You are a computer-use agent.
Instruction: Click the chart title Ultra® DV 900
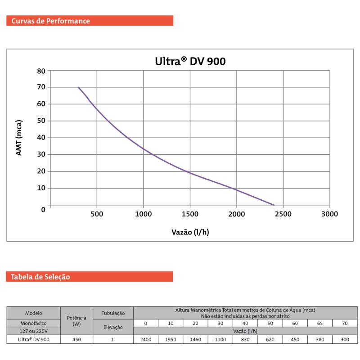coord(190,61)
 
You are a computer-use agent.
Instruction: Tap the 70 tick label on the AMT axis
coord(41,87)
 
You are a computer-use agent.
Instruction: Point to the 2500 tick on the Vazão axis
coord(283,214)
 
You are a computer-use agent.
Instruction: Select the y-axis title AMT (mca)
coord(19,137)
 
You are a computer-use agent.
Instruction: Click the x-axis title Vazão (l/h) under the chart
coord(190,232)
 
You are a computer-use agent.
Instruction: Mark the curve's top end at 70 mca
coord(78,87)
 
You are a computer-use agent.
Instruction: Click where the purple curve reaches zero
coord(274,205)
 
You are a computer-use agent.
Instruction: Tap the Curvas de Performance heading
coord(50,21)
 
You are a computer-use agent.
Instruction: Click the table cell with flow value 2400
coord(146,340)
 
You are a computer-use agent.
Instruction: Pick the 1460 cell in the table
coord(196,340)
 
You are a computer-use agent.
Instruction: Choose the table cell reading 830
coord(245,340)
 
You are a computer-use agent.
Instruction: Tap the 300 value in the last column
coord(345,340)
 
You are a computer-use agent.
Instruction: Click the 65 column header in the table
coord(320,323)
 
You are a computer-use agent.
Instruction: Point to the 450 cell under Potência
coord(76,340)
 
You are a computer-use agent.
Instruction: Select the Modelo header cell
coord(34,313)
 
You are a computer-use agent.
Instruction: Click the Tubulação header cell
coord(113,313)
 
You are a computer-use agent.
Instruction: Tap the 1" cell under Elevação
coord(113,340)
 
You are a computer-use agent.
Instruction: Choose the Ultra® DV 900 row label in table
coord(34,340)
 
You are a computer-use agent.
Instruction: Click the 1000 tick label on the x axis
coord(143,214)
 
